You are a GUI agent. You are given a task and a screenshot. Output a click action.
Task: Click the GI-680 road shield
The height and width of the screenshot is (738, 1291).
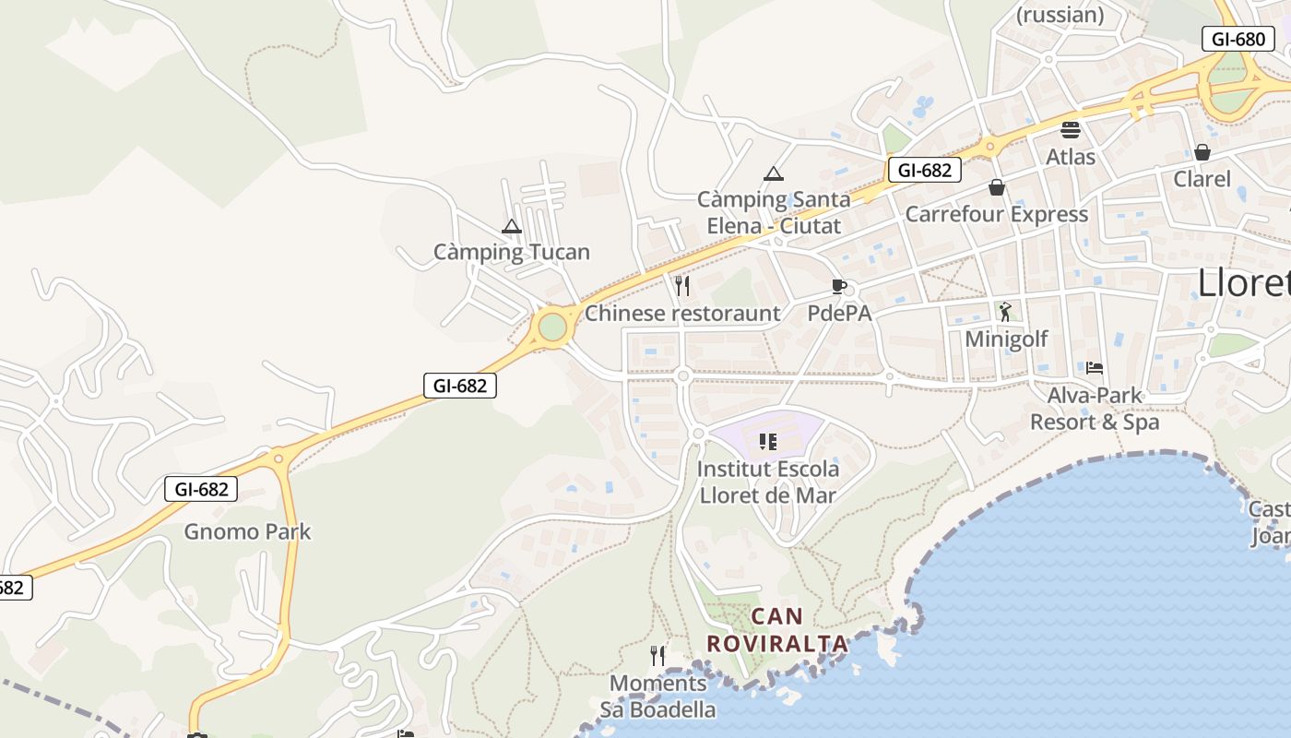[x=1238, y=39]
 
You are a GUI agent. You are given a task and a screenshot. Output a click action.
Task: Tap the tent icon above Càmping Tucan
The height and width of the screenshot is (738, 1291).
[x=512, y=227]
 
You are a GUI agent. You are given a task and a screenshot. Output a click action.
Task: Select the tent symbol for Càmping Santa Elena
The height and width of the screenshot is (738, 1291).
[x=774, y=173]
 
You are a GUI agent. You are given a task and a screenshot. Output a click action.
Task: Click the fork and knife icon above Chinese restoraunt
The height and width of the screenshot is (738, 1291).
[x=682, y=286]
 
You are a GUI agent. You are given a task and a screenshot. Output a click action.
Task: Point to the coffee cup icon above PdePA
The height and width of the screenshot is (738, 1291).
[x=838, y=286]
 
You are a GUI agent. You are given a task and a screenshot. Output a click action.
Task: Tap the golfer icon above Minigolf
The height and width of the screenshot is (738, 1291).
[x=1005, y=312]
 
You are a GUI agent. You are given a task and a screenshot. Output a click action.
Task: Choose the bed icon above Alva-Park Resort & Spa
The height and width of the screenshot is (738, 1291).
[x=1095, y=367]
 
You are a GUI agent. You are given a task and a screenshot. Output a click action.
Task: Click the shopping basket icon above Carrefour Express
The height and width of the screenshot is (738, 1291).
[x=997, y=187]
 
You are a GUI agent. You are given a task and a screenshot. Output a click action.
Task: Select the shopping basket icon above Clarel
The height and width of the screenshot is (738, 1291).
[x=1202, y=152]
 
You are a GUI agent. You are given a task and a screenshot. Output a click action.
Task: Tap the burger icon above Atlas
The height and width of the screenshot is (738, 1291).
[x=1071, y=130]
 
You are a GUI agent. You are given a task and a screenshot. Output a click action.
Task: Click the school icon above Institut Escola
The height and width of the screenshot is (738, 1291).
[x=767, y=441]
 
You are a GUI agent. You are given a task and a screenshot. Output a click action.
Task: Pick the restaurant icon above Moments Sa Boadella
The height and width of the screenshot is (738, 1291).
[x=657, y=656]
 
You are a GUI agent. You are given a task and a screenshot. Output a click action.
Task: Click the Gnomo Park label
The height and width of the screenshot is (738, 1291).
[x=247, y=531]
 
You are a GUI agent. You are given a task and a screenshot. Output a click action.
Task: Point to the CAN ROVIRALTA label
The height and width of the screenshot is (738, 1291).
[x=777, y=630]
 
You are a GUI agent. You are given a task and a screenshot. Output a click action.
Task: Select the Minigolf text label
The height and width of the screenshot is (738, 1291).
[x=1006, y=339]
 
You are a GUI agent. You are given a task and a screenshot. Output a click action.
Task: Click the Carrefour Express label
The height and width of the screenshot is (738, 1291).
[x=997, y=214]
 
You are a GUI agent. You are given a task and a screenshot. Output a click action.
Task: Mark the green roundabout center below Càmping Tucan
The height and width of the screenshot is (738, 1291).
[x=551, y=327]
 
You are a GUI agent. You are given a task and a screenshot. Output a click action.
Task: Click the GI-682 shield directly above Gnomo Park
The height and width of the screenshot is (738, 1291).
[x=201, y=489]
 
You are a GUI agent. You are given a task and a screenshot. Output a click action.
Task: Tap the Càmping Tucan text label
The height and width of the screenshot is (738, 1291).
[x=512, y=252]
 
